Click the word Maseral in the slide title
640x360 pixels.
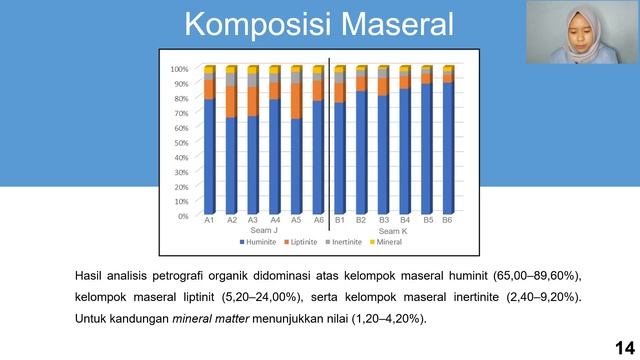click(397, 24)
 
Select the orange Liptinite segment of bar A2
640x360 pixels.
click(231, 102)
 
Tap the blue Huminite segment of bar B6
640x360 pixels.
click(448, 148)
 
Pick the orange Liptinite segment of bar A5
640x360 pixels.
click(297, 101)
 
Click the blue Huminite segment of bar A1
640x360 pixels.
click(209, 157)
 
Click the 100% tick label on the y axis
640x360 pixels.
click(179, 69)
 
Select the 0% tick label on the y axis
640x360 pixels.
click(183, 216)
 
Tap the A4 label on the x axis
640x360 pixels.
click(275, 220)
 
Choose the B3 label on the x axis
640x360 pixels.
click(384, 220)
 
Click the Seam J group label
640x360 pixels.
click(264, 230)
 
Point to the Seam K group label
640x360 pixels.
click(393, 231)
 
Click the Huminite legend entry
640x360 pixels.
click(258, 242)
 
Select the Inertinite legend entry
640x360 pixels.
click(344, 242)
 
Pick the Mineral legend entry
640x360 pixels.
click(386, 242)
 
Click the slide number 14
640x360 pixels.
click(625, 348)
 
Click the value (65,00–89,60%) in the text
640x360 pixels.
click(537, 276)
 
